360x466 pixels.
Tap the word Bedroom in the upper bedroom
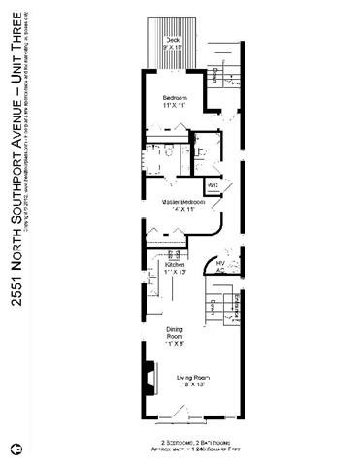tap(175, 98)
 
